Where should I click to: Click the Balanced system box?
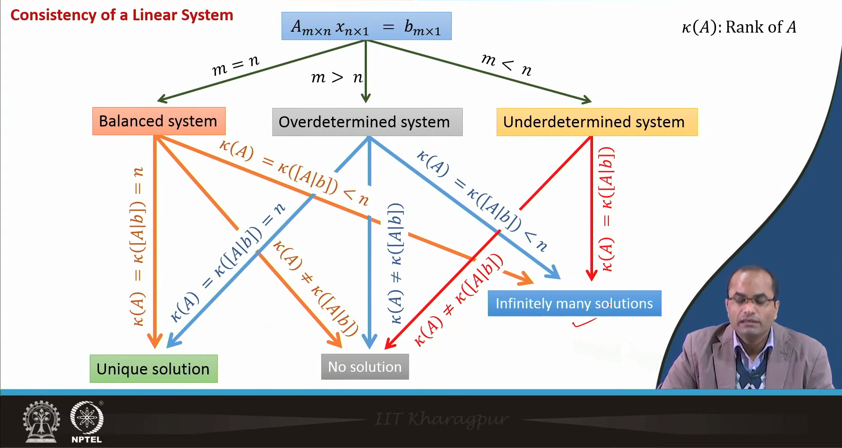pos(158,121)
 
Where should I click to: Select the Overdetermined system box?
pos(367,122)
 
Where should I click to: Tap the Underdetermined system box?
pos(597,122)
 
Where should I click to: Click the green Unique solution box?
pos(154,369)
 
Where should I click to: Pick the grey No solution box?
pos(365,367)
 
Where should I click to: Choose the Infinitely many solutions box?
pos(574,304)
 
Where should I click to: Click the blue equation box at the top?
pos(366,26)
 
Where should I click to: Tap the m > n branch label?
pos(337,78)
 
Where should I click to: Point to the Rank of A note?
pos(739,27)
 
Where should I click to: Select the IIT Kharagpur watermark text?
pos(442,419)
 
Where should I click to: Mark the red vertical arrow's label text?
pos(607,209)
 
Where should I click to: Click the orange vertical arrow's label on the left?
pos(138,247)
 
